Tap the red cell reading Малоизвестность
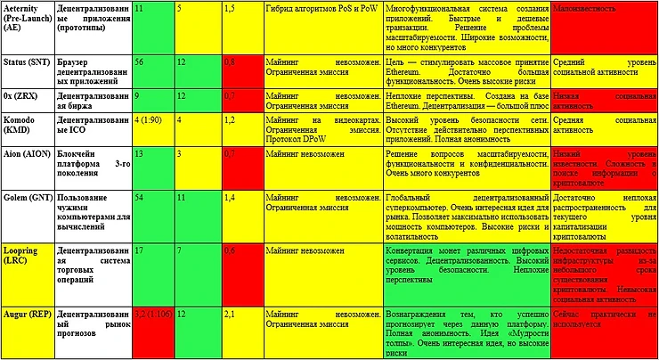(604, 26)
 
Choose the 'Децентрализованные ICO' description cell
(93, 128)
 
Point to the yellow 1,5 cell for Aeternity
(240, 26)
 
